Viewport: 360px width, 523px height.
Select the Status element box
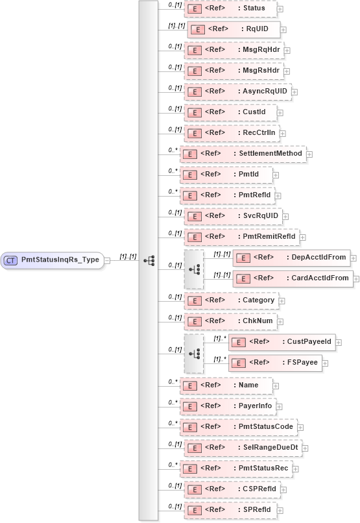coord(230,8)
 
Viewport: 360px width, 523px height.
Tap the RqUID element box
coord(233,29)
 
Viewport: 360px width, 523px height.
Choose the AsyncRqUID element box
coord(237,91)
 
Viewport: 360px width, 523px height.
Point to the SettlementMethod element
coord(243,154)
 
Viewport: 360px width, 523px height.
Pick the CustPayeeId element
coord(281,341)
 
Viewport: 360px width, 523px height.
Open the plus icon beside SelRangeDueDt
coord(305,448)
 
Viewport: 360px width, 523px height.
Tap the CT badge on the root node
coord(11,260)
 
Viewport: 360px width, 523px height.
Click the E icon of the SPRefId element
coord(192,509)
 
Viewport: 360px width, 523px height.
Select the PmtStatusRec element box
coord(239,468)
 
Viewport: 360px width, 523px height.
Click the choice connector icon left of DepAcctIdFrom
coord(194,268)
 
